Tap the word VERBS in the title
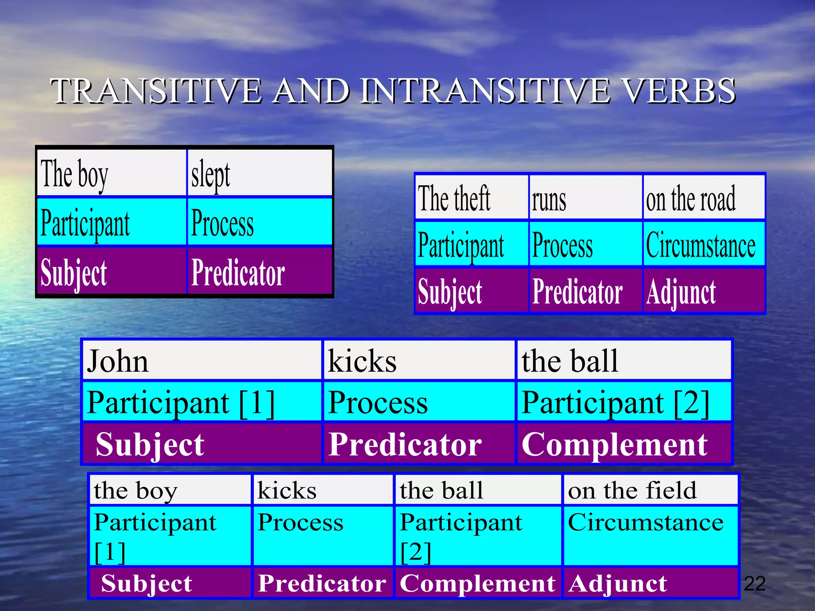click(x=679, y=91)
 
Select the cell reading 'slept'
click(x=259, y=173)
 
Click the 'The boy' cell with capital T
click(x=111, y=173)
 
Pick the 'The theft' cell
click(x=472, y=198)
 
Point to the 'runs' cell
click(x=586, y=198)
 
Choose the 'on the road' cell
click(x=704, y=198)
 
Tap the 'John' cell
click(x=202, y=360)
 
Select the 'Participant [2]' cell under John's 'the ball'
click(x=624, y=402)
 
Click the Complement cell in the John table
click(x=624, y=444)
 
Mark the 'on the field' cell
click(x=650, y=490)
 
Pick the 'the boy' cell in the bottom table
click(x=170, y=490)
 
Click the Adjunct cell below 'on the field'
click(x=650, y=583)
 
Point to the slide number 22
click(x=755, y=584)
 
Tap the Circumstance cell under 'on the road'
click(x=704, y=244)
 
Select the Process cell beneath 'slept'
click(x=259, y=222)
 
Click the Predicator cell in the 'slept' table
click(x=259, y=271)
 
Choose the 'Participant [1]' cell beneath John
click(x=202, y=402)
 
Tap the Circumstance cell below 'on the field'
click(x=650, y=535)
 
